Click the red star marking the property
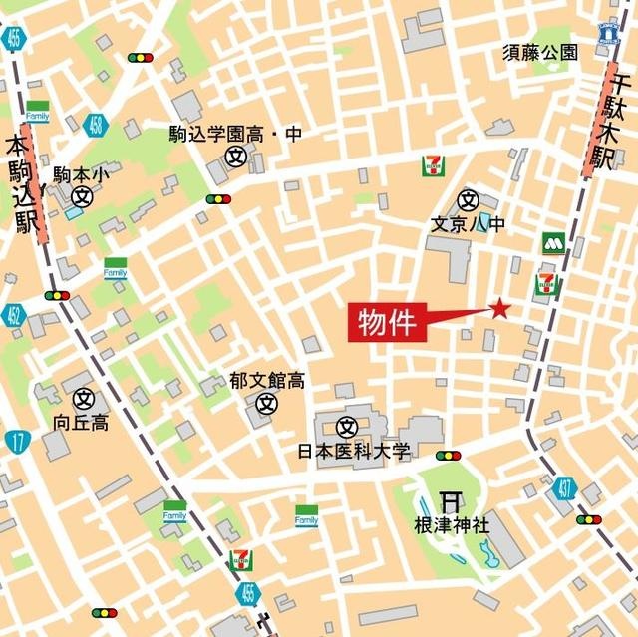pos(498,309)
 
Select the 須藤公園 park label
pos(539,53)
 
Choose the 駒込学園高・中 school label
pos(235,134)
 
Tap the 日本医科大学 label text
pos(354,452)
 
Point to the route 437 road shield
pos(565,488)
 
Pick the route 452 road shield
pos(12,317)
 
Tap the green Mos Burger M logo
pos(554,243)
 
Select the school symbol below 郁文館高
pos(266,404)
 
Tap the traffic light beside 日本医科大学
pos(448,456)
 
